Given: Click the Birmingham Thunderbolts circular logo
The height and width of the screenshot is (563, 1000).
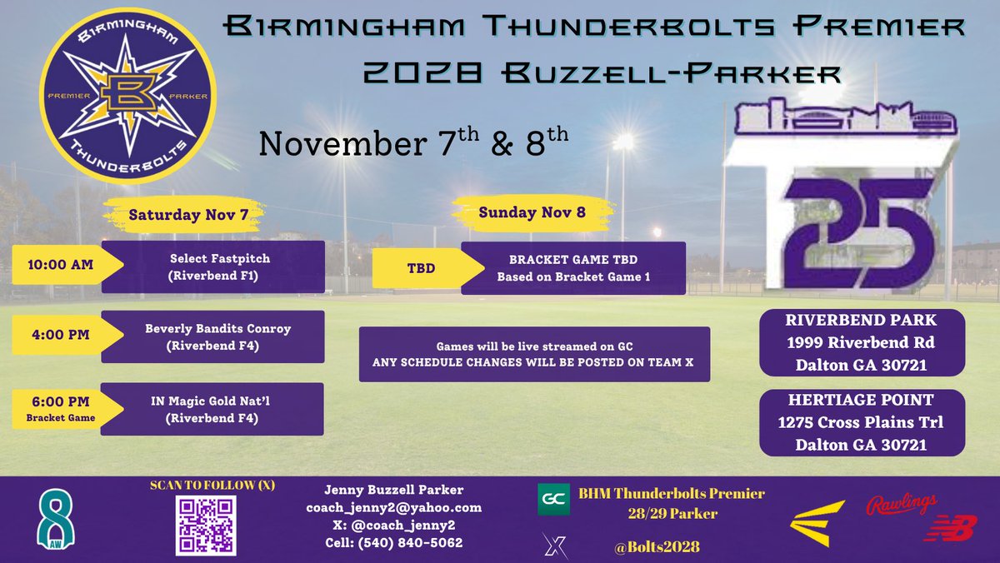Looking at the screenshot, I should pos(127,97).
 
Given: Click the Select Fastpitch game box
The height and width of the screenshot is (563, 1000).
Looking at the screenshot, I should pos(212,266).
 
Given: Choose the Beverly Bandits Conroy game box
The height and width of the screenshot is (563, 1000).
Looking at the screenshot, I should pos(212,336).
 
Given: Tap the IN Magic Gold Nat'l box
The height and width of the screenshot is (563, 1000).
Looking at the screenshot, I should pos(212,408).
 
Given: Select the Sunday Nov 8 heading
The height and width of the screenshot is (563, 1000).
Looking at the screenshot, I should pos(532,212).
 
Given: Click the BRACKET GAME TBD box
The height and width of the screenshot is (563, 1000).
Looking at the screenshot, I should pos(572,268).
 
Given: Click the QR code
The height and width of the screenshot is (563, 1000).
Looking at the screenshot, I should pos(206,526).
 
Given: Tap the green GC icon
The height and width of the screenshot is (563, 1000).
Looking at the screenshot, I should pos(553,498).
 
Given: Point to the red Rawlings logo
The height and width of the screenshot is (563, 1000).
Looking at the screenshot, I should pos(901,505).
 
